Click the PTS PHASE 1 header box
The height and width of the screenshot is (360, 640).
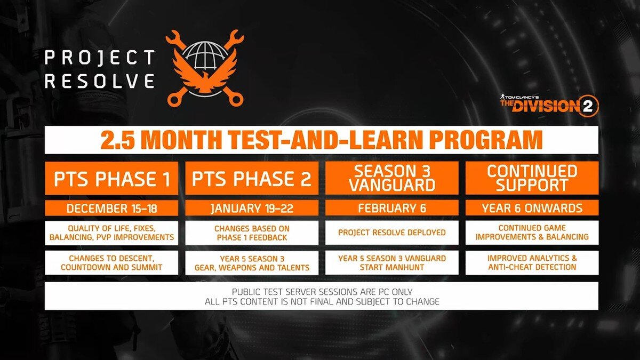[111, 178]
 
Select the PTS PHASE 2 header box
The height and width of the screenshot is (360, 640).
[252, 178]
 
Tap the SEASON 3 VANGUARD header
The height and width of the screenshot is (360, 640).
[391, 178]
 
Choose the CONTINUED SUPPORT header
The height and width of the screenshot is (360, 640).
[532, 178]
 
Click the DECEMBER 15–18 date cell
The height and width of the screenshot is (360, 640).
[111, 208]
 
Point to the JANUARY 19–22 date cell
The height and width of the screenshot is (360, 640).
[252, 208]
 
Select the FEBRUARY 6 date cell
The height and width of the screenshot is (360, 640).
[391, 208]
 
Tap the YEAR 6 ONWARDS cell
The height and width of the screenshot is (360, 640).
[532, 208]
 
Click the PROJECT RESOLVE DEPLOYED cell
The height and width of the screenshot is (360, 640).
[391, 233]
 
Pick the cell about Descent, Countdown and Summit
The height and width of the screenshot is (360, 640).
[111, 263]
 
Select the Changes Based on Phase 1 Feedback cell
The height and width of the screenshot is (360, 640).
[252, 233]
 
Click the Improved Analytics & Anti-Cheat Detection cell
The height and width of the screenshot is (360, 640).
[532, 263]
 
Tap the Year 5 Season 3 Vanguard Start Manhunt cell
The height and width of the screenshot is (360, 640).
[391, 263]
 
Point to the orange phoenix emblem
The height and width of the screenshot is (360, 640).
[205, 76]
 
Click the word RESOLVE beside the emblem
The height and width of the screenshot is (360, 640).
[100, 81]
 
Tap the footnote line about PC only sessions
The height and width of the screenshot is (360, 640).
[322, 292]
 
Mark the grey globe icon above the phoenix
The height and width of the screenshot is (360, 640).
[205, 55]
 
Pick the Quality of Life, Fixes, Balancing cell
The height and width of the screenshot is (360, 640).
[111, 233]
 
